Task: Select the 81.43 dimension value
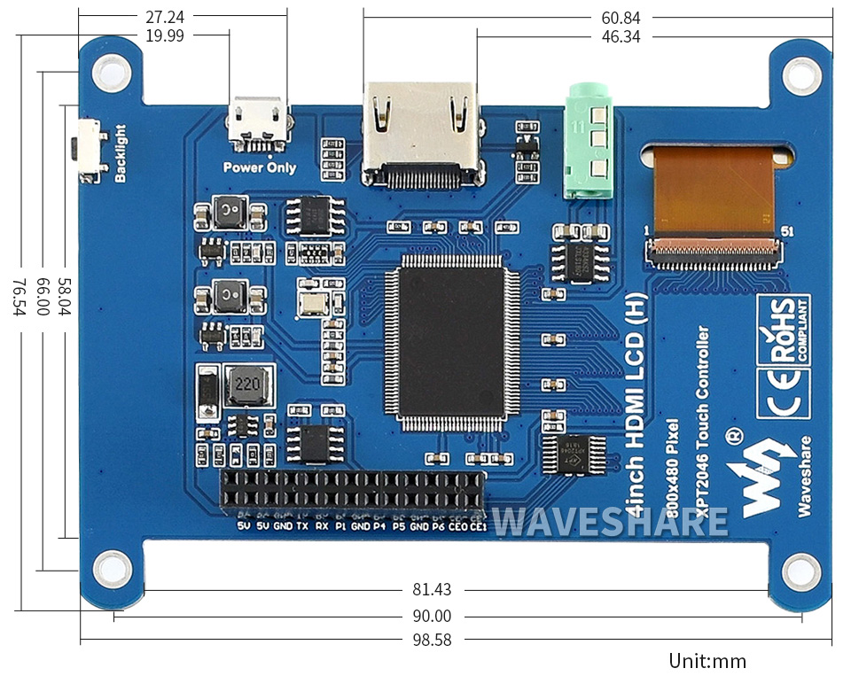click(432, 590)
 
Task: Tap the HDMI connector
click(422, 133)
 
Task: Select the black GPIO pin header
click(353, 493)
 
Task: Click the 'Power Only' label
click(259, 167)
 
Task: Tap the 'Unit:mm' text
click(707, 661)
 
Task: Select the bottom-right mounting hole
click(801, 566)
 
